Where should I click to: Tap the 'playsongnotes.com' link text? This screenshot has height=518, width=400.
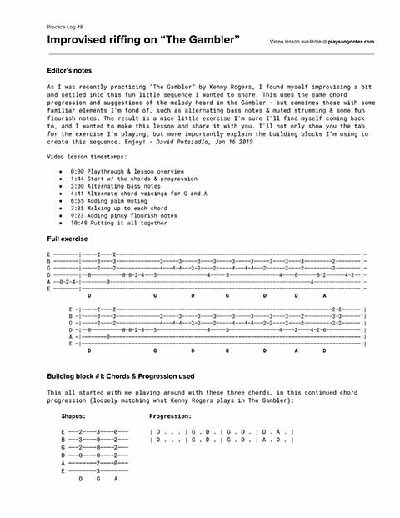pyautogui.click(x=351, y=41)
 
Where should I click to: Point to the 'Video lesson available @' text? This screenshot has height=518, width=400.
pyautogui.click(x=297, y=41)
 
